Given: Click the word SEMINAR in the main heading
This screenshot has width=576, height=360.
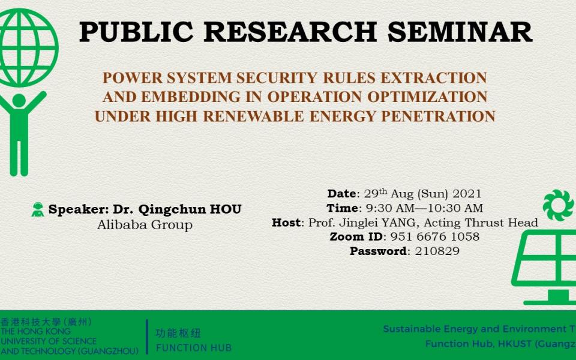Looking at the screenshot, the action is [460, 32].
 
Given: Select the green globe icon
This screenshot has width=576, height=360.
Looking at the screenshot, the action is [26, 48].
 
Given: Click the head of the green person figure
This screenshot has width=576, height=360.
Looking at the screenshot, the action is [19, 100].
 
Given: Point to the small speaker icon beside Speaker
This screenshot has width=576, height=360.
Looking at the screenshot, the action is [37, 209].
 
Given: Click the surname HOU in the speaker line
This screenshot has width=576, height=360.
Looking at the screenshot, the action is [225, 209].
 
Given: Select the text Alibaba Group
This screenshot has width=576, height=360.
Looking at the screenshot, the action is [145, 224].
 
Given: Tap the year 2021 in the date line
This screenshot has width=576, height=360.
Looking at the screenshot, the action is [467, 194].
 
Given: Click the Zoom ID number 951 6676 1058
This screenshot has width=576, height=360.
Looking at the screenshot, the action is [434, 236].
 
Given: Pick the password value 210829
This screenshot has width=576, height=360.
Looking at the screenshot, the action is [437, 251].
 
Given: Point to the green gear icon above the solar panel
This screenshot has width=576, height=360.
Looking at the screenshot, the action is [558, 205].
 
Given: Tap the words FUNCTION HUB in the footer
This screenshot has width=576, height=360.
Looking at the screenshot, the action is [194, 347].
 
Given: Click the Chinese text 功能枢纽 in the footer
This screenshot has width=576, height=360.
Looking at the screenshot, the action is [178, 333].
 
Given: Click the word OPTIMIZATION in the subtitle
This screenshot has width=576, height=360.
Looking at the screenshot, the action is [427, 97].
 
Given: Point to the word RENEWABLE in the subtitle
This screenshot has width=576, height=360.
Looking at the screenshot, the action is [253, 116].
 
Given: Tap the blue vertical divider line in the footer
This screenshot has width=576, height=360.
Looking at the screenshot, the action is [147, 337].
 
